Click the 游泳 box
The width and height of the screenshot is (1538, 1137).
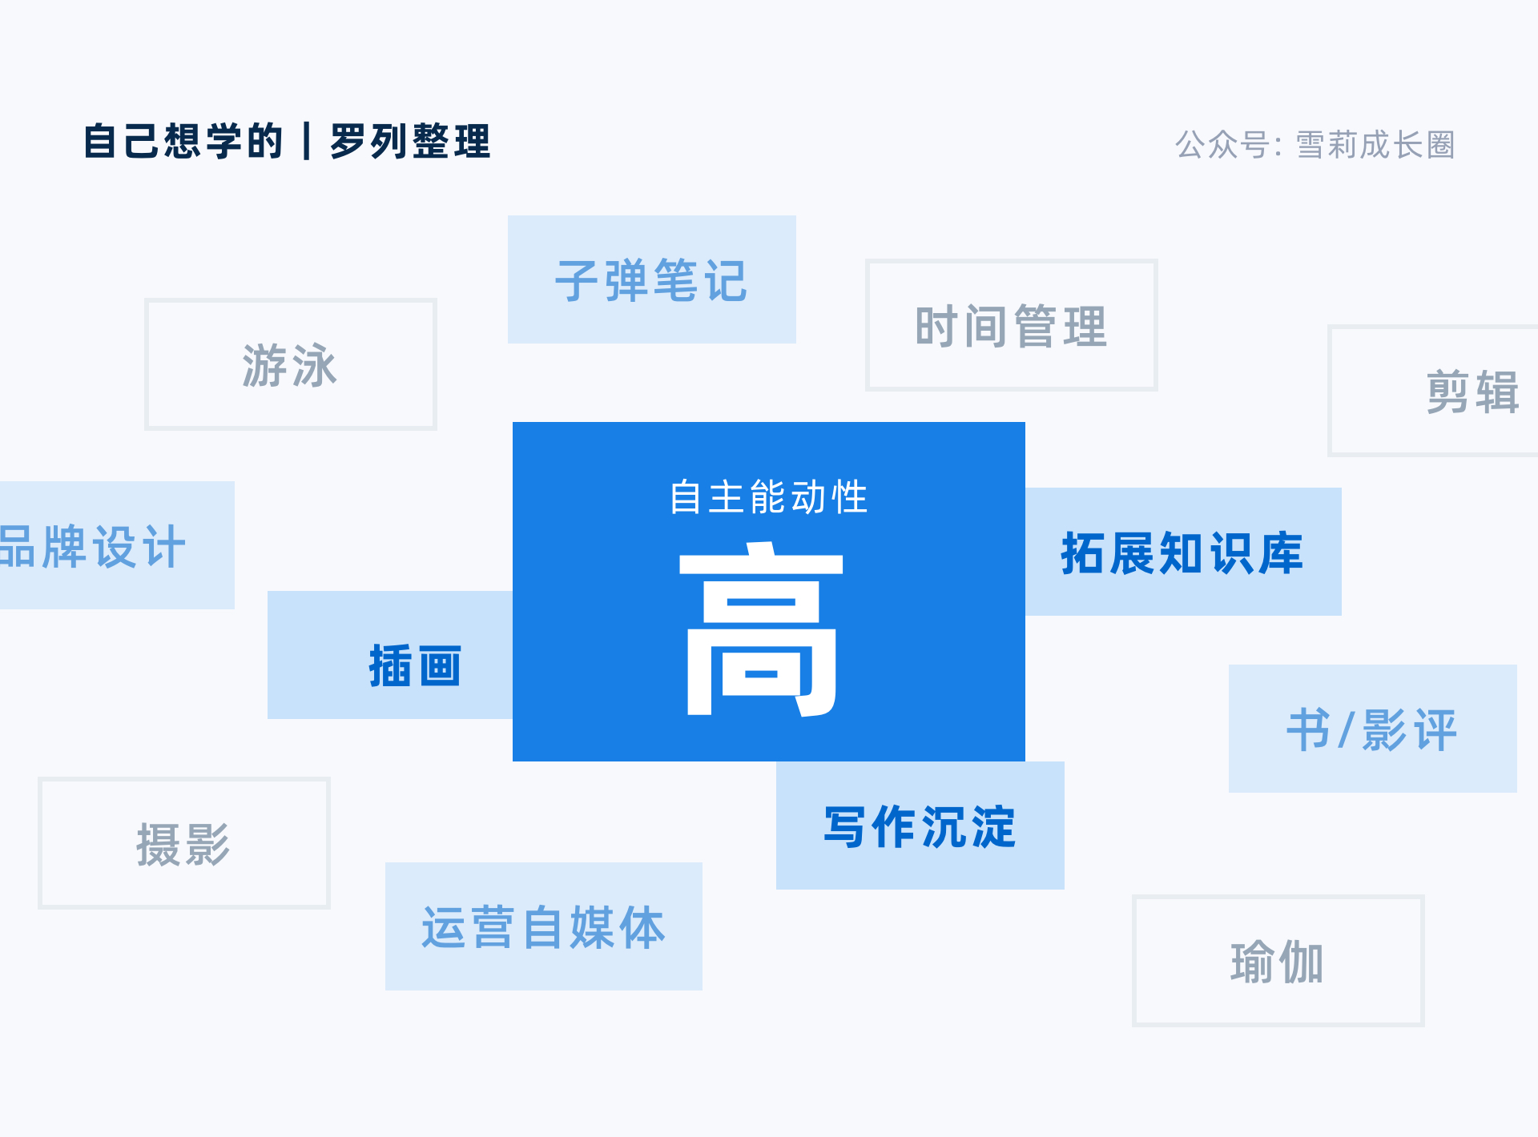290,364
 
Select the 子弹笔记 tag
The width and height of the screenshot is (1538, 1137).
652,279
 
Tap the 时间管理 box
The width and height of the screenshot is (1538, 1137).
1012,325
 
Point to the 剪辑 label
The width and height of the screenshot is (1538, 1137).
1472,392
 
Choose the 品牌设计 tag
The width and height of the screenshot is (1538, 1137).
117,545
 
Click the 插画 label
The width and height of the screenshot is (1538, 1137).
415,665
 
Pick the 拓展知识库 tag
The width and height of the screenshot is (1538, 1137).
1183,552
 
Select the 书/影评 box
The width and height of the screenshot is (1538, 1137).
1373,729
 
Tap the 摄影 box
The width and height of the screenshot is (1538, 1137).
184,843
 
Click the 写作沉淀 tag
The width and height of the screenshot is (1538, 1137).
920,826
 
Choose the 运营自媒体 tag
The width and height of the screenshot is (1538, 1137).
544,926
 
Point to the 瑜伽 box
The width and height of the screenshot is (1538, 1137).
1278,961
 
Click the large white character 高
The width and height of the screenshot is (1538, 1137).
761,629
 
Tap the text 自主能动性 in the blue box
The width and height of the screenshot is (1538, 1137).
769,496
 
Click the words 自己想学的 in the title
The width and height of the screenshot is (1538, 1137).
183,141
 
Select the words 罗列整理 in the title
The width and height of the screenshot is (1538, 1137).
410,141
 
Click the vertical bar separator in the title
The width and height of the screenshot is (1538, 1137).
307,141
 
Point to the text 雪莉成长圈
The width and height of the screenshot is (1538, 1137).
1375,145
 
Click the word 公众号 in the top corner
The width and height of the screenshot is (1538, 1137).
1222,145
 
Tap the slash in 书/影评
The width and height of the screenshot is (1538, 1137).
1346,729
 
